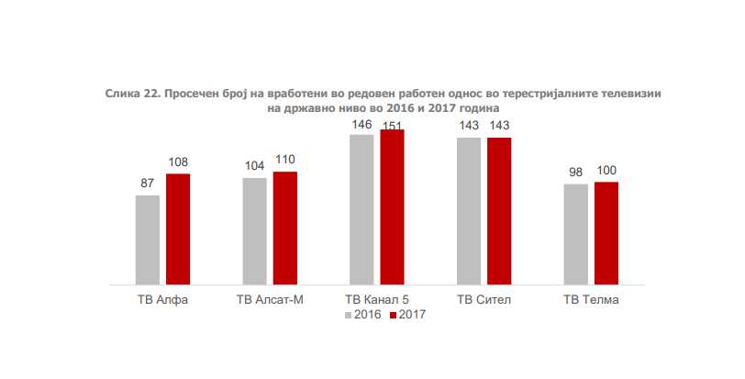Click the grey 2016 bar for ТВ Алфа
(148, 240)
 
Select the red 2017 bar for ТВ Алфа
(178, 229)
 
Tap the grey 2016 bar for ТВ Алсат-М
(255, 231)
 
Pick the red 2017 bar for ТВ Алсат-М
(285, 228)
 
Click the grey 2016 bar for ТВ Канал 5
(361, 209)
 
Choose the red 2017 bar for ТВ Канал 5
(392, 207)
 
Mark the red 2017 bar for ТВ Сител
(499, 211)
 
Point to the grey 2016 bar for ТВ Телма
(576, 234)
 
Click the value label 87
(147, 184)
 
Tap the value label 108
(178, 162)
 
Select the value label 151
(393, 124)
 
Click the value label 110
(285, 160)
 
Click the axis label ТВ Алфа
(162, 300)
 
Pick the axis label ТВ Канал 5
(376, 300)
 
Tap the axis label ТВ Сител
(484, 300)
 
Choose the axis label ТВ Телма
(591, 300)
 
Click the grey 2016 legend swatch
(350, 315)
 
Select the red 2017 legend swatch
(393, 315)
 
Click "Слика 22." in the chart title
(132, 95)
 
